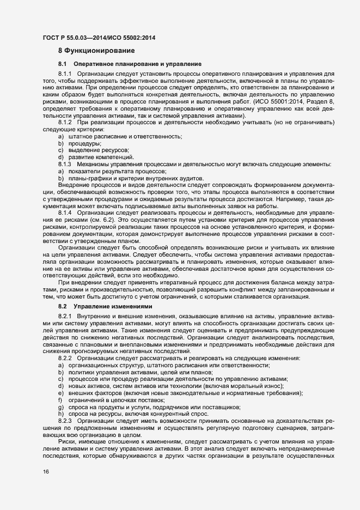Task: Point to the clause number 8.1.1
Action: (x=65, y=74)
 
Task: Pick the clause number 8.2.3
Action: (x=65, y=422)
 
